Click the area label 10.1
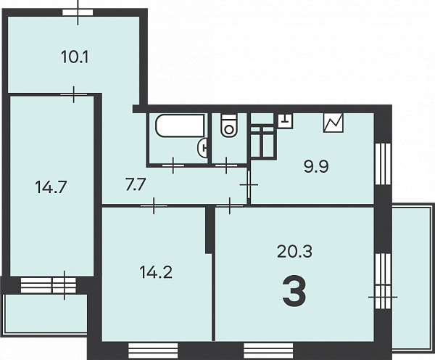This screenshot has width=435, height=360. [x=75, y=57]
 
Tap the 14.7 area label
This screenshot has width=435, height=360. [x=51, y=187]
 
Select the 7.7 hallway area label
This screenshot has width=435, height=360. [x=136, y=184]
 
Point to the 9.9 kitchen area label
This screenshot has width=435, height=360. [x=316, y=167]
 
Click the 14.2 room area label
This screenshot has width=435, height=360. [x=156, y=272]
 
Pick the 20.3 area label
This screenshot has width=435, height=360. [x=294, y=251]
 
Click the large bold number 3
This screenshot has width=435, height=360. [x=294, y=291]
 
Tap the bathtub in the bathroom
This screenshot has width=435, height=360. [x=181, y=126]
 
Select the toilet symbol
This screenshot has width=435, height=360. [x=229, y=126]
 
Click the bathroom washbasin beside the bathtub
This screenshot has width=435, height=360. [x=202, y=147]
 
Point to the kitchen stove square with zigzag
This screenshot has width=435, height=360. [x=333, y=123]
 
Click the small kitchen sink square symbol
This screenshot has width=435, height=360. [x=286, y=121]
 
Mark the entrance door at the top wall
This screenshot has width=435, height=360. [x=78, y=12]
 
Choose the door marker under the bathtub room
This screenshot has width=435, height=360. [x=173, y=165]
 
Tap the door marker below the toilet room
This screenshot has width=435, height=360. [x=226, y=165]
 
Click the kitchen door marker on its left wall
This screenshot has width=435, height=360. [x=249, y=185]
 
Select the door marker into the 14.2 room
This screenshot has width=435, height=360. [x=154, y=206]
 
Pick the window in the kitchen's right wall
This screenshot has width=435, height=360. [x=383, y=163]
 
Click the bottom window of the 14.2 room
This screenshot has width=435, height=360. [x=153, y=351]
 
